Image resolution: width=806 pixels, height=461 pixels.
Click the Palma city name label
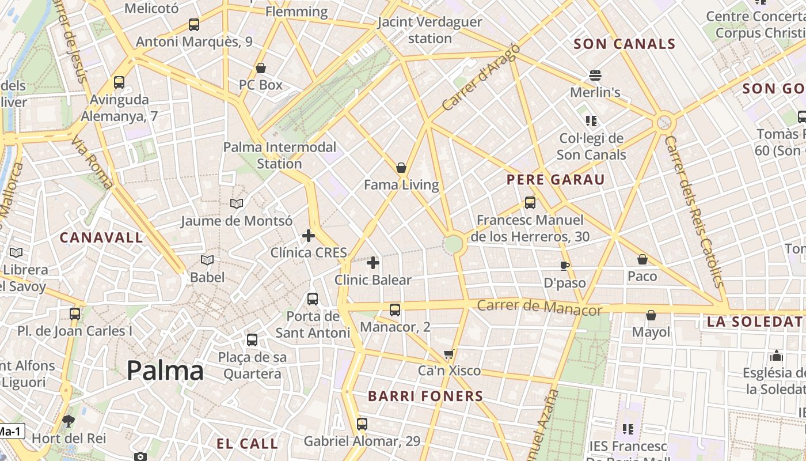[x=165, y=371]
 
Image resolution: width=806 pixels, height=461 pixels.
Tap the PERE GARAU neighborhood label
[x=556, y=180]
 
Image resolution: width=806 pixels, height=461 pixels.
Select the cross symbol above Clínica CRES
[x=309, y=236]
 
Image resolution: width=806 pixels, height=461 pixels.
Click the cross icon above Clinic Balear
[x=373, y=263]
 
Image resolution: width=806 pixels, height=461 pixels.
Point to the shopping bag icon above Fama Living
[x=401, y=168]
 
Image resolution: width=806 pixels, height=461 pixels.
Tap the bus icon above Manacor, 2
[x=395, y=310]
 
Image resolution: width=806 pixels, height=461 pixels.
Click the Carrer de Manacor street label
[x=539, y=307]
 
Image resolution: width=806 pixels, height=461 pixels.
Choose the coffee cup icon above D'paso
[x=565, y=266]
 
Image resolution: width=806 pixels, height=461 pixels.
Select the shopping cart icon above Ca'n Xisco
[x=449, y=354]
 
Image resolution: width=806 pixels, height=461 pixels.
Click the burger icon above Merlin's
[x=595, y=75]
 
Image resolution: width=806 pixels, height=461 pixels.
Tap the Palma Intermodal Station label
[x=280, y=155]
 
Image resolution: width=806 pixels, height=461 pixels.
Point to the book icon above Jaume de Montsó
[x=237, y=203]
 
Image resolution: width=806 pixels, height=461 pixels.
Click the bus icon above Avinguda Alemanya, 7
[x=119, y=82]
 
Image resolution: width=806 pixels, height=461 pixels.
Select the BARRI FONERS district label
[x=425, y=396]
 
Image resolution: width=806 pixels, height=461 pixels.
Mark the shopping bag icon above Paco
[x=642, y=259]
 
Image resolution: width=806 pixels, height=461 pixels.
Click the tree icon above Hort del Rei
[x=69, y=421]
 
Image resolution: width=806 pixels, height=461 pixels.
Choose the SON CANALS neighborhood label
[x=625, y=44]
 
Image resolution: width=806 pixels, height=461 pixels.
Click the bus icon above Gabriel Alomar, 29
[x=362, y=424]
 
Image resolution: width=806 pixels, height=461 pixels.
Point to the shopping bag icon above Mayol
[x=651, y=315]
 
